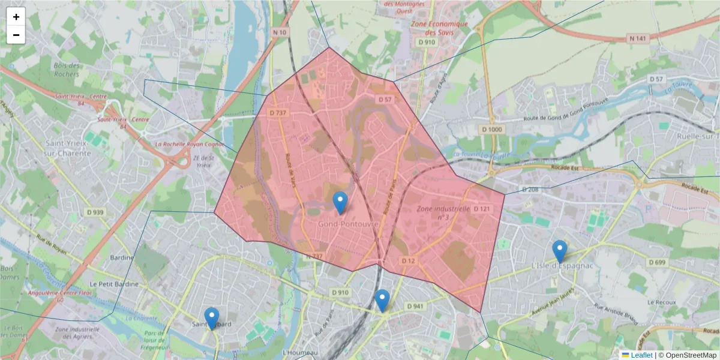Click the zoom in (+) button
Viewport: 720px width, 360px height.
(16, 17)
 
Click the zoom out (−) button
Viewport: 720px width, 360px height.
(16, 35)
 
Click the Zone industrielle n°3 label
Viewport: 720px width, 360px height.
(443, 212)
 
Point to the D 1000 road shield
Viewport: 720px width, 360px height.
(492, 130)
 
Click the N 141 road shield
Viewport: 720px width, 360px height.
(638, 38)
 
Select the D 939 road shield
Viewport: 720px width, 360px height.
(95, 212)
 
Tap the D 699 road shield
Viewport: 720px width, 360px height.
(657, 262)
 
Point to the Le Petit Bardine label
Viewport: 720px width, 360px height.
(114, 284)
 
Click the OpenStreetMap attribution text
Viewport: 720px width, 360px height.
(691, 355)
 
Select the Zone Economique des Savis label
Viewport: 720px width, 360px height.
(439, 28)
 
